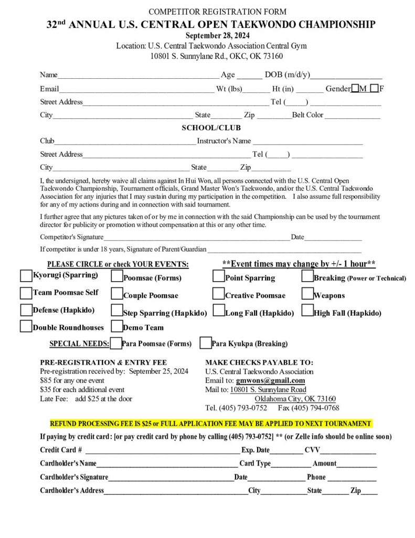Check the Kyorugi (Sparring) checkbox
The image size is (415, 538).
tap(26, 275)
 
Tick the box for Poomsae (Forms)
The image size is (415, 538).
tap(117, 276)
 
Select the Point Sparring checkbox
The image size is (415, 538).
tap(218, 276)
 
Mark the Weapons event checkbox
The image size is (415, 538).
tap(307, 293)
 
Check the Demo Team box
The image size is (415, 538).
tap(117, 326)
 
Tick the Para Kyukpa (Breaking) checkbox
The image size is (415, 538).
tap(206, 343)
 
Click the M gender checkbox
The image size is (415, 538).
tap(355, 88)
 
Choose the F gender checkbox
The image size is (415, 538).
tap(374, 88)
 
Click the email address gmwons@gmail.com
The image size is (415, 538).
tap(270, 380)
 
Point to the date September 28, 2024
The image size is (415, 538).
tap(211, 36)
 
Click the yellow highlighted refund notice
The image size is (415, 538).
tap(210, 423)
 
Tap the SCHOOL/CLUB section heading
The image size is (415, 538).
tap(211, 128)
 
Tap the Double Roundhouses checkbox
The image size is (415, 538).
tap(26, 326)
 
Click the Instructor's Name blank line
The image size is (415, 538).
tap(307, 141)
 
